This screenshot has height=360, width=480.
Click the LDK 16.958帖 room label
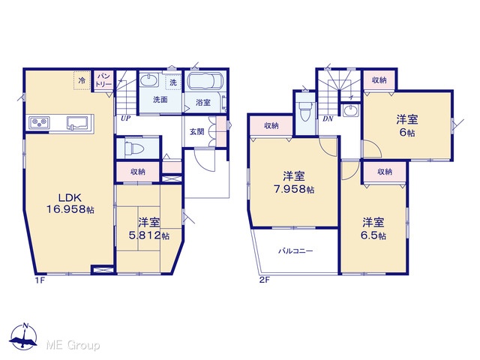pos(70,203)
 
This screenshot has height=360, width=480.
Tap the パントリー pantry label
pos(103,80)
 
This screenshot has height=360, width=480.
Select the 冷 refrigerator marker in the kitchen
pos(82,80)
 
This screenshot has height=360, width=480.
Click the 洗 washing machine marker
pos(173,82)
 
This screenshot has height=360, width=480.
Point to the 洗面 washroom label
pos(160,100)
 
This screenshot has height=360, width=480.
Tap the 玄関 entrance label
pos(196,132)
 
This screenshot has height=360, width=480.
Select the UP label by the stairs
pos(125,118)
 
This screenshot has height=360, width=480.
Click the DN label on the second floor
pos(328,118)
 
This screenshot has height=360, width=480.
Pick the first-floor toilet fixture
pos(135,149)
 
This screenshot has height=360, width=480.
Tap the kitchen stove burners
pos(40,123)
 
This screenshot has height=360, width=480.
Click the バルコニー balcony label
pos(295,251)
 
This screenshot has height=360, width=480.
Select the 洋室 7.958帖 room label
pos(294,183)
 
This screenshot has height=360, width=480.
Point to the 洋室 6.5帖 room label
pos(373,229)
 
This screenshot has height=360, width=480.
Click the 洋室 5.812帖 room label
pos(149,229)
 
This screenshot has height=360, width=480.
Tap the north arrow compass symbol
pos(24,336)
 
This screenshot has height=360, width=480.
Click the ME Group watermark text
pos(73,346)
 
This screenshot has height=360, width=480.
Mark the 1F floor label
pos(40,280)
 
